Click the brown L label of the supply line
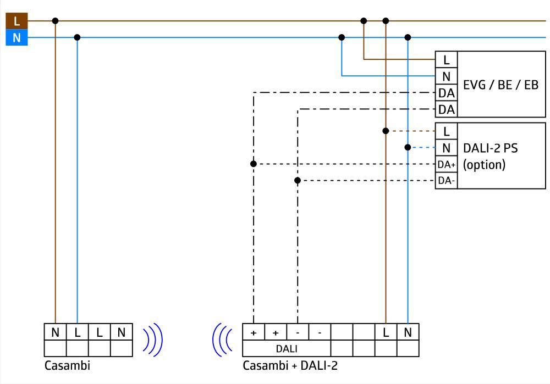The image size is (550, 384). [16, 21]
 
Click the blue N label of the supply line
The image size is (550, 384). [16, 38]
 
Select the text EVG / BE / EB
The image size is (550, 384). [501, 85]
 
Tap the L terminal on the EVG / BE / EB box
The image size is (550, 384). [446, 59]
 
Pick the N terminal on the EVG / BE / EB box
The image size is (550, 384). [446, 76]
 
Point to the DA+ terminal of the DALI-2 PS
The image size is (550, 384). [446, 164]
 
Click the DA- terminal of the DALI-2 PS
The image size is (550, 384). [446, 181]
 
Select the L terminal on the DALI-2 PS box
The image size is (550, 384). [446, 131]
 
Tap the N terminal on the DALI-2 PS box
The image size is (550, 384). [446, 148]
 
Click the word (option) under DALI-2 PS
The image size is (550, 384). [483, 164]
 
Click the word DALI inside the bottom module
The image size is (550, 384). [286, 348]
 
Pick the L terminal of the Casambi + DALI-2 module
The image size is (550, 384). [386, 332]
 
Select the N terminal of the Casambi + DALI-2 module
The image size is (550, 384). [408, 332]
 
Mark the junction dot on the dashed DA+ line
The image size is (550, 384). [254, 164]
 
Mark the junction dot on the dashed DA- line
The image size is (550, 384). [298, 180]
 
